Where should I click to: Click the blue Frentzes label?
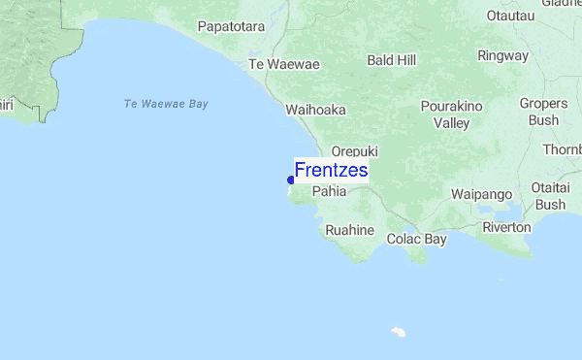coord(331,171)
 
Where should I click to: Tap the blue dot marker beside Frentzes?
coord(291,180)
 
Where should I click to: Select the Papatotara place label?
coord(231,26)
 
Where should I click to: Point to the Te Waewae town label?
coord(284,64)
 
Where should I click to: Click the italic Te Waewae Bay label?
coord(167,104)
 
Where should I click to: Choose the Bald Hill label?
coord(392,60)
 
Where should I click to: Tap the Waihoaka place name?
coord(315,110)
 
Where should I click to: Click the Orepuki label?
coord(354,151)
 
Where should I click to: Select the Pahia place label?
coord(329,191)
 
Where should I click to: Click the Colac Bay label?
coord(417,238)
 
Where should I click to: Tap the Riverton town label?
coord(506,227)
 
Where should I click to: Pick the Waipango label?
coord(481,194)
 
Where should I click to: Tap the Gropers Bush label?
coord(543,112)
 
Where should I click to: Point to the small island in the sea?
coord(398,331)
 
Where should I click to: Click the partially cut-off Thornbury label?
coord(562,149)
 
